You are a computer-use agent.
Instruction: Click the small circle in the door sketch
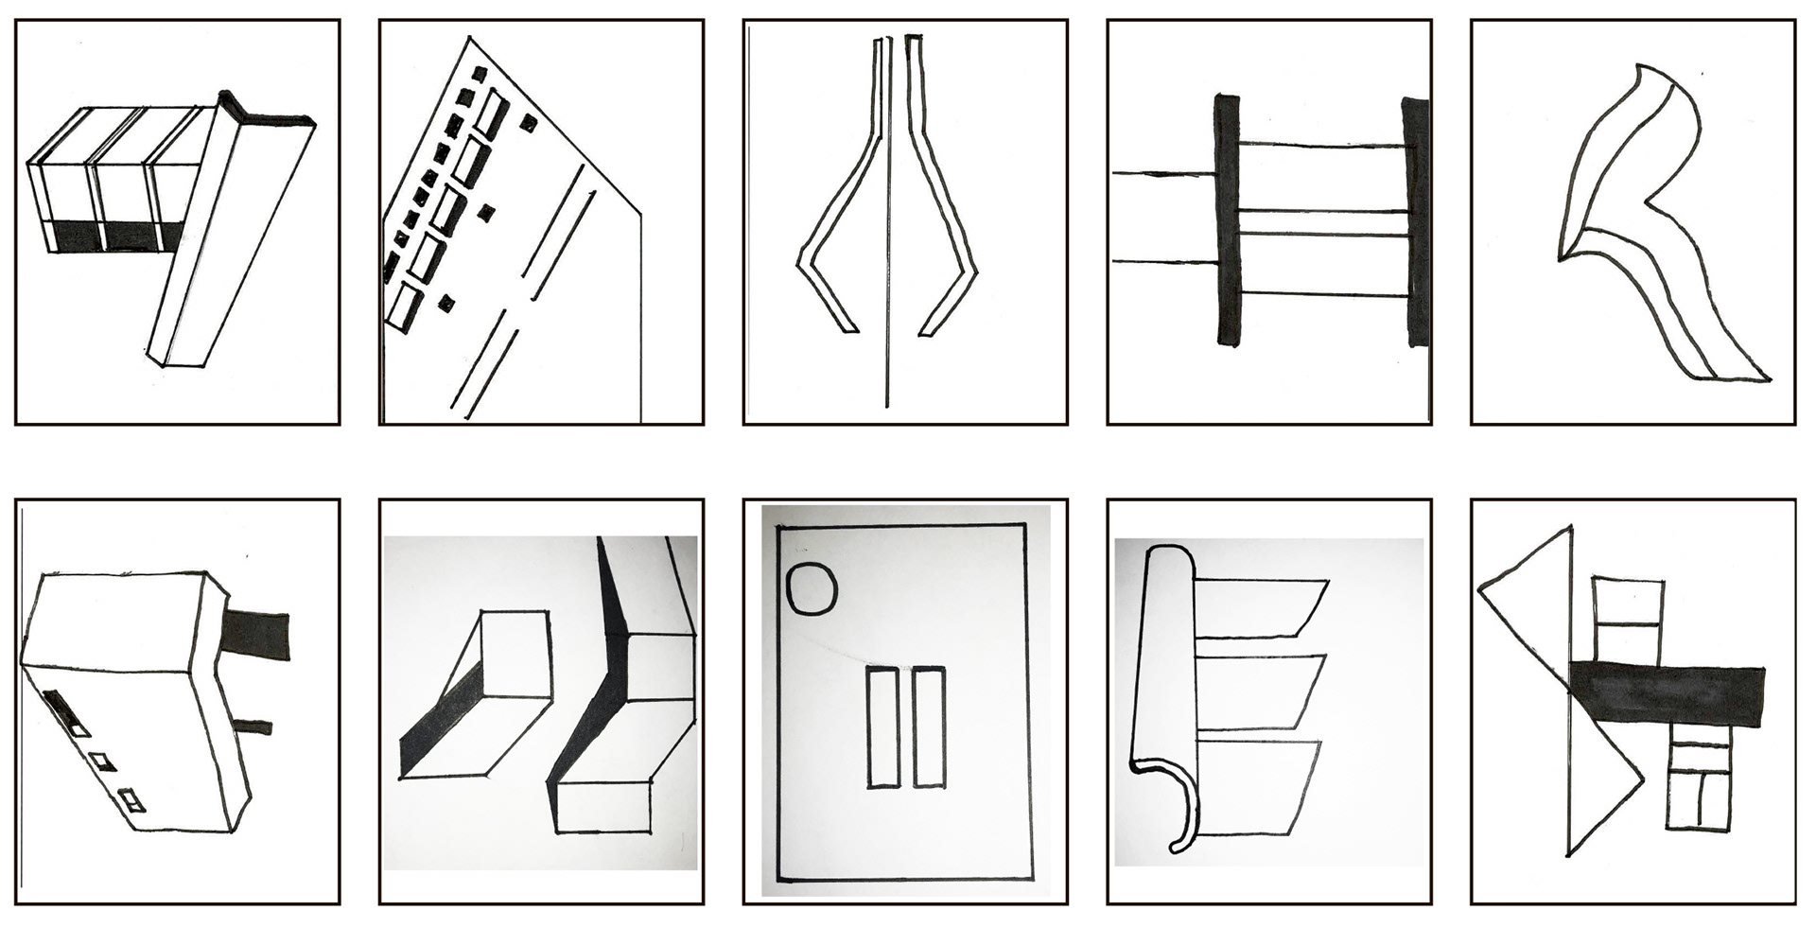[812, 587]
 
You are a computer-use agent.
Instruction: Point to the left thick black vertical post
[1227, 219]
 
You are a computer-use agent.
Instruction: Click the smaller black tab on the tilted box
[253, 727]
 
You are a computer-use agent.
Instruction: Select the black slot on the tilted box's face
[58, 709]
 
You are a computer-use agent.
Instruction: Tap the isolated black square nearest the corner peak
[528, 122]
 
